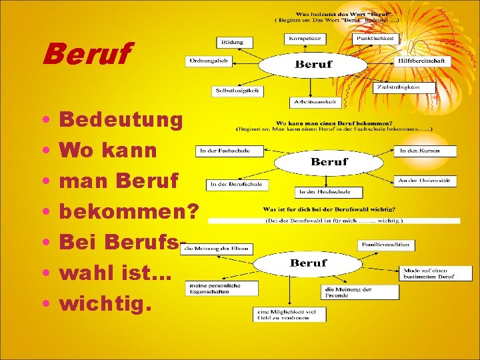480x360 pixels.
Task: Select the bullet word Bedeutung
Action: (x=121, y=121)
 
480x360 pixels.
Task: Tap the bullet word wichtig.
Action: (x=106, y=304)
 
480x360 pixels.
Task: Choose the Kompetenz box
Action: (x=306, y=39)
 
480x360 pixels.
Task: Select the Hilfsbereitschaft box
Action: (x=423, y=61)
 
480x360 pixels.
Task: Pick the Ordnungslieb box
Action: (x=207, y=61)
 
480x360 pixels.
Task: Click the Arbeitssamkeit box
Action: (x=315, y=102)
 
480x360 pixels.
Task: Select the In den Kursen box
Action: (x=427, y=151)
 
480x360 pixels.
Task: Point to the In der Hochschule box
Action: (x=319, y=192)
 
